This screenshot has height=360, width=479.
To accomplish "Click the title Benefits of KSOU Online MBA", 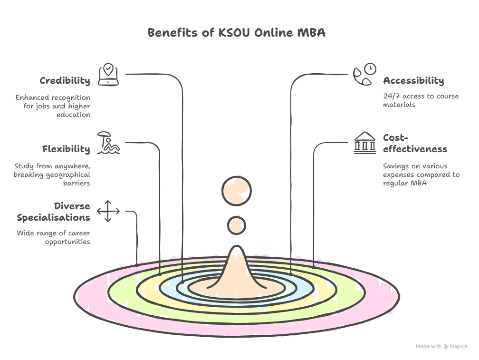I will tap(236, 33).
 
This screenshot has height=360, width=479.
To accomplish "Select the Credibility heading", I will tap(65, 80).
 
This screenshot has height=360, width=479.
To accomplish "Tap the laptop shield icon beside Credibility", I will tap(108, 75).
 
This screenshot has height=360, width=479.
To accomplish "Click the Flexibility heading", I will tap(66, 149).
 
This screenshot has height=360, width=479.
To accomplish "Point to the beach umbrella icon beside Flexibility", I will tap(108, 143).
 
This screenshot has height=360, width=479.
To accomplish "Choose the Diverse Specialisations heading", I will tap(53, 212).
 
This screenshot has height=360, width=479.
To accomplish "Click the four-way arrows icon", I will tap(108, 211).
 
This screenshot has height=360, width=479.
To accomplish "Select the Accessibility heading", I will tap(413, 80).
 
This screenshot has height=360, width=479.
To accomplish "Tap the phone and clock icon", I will tap(364, 75).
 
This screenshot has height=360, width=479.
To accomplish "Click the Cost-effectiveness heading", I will tap(415, 143).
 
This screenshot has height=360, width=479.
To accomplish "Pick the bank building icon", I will tap(364, 143).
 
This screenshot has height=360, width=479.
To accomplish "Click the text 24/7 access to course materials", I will tap(421, 100).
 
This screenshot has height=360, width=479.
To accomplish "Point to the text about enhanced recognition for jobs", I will tap(53, 106).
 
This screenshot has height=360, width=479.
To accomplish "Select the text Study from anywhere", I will tap(52, 174).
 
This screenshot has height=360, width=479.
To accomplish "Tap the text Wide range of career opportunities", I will tap(54, 237).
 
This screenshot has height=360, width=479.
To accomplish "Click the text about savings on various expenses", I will tap(421, 174).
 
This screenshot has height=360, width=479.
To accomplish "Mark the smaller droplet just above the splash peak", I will tap(236, 225).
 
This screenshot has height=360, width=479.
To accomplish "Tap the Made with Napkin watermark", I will tap(441, 347).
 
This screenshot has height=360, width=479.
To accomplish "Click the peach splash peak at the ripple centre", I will tap(236, 271).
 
